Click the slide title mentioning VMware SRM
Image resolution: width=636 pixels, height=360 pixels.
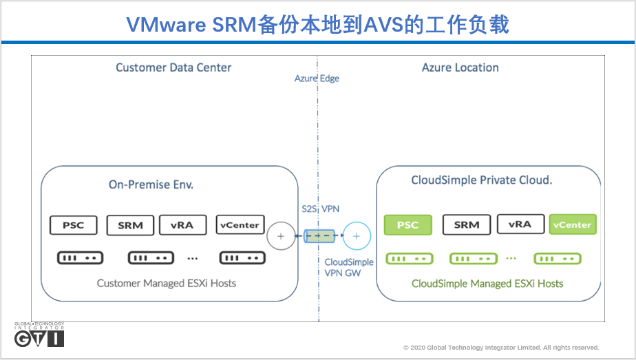[317, 25]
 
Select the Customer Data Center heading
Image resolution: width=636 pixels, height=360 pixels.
[173, 67]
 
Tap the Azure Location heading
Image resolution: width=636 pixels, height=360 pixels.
[460, 67]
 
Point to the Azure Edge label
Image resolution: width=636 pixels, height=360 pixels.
[317, 78]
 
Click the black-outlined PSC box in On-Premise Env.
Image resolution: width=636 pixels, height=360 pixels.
[73, 225]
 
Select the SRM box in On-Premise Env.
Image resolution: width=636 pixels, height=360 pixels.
[130, 225]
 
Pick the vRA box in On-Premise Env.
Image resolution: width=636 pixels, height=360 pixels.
[182, 225]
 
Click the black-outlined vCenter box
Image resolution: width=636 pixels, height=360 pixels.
[239, 225]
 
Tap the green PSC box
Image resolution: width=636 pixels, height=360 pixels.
[407, 225]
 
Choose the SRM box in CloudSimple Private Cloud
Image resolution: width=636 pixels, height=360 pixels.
[466, 225]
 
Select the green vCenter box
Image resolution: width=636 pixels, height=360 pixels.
[572, 224]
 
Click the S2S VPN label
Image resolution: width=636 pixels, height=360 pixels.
[320, 209]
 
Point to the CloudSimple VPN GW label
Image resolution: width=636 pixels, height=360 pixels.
[349, 267]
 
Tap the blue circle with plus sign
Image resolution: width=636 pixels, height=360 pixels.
[357, 236]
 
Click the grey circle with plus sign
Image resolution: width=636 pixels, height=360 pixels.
[280, 236]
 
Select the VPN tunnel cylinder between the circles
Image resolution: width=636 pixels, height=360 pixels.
[319, 236]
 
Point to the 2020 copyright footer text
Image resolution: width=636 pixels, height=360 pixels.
[500, 348]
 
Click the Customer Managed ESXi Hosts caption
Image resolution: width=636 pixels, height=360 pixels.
[167, 284]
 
